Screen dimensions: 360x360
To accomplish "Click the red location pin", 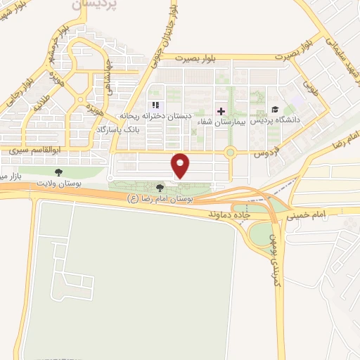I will click(181, 165).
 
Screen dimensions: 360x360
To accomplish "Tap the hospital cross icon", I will click(221, 111).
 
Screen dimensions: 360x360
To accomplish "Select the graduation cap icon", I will click(274, 109).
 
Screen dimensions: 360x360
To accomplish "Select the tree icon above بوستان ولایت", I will click(58, 172).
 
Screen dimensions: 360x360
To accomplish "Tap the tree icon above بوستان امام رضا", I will click(160, 188).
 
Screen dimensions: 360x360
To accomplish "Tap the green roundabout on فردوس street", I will click(230, 151).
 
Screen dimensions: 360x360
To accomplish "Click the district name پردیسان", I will click(96, 4).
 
